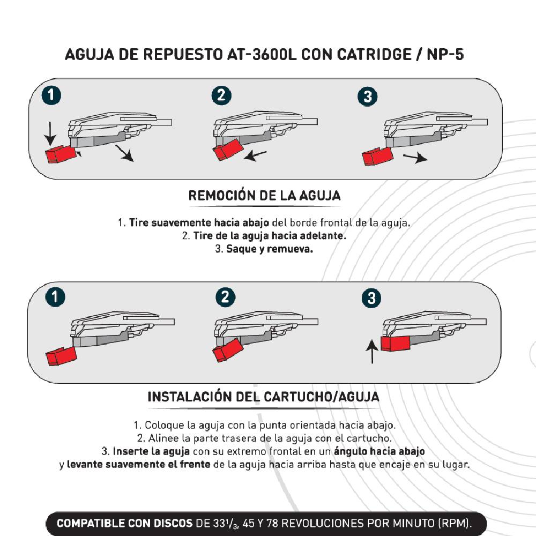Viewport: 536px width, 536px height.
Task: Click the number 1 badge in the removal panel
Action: (x=51, y=95)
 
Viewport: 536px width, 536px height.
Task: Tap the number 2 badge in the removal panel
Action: (x=221, y=95)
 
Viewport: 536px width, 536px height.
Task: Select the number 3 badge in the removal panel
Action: (x=368, y=96)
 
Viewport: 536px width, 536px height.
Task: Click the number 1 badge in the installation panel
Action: (x=55, y=297)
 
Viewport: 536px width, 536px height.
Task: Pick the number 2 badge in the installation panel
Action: (x=225, y=297)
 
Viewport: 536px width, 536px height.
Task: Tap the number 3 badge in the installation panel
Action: (x=371, y=298)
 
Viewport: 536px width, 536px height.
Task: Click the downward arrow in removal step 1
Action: (x=50, y=134)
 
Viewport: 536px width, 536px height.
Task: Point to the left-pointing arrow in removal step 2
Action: (x=255, y=156)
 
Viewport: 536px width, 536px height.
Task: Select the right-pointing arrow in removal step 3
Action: (x=415, y=158)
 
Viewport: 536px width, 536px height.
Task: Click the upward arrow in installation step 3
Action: (x=372, y=352)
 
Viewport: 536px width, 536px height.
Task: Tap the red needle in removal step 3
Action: (x=377, y=157)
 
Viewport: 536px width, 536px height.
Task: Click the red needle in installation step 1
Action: (x=62, y=356)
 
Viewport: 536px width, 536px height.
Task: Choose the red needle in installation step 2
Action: (x=228, y=350)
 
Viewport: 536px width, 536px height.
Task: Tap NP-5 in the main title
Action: (x=445, y=55)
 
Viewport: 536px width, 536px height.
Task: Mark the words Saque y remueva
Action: (x=270, y=249)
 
